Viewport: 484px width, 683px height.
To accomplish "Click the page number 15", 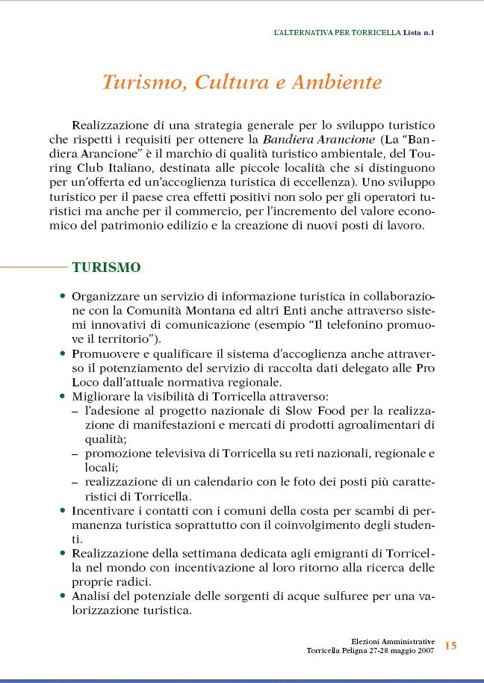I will [x=450, y=646].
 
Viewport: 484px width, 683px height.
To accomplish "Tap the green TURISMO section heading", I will [x=105, y=267].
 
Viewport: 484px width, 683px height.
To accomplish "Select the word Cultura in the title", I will [x=232, y=83].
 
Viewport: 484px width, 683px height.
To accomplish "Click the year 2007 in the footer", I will [x=422, y=651].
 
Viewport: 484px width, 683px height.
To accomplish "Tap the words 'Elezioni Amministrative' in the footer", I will [x=393, y=641].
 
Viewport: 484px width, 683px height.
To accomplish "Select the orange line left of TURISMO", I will [x=34, y=266].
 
